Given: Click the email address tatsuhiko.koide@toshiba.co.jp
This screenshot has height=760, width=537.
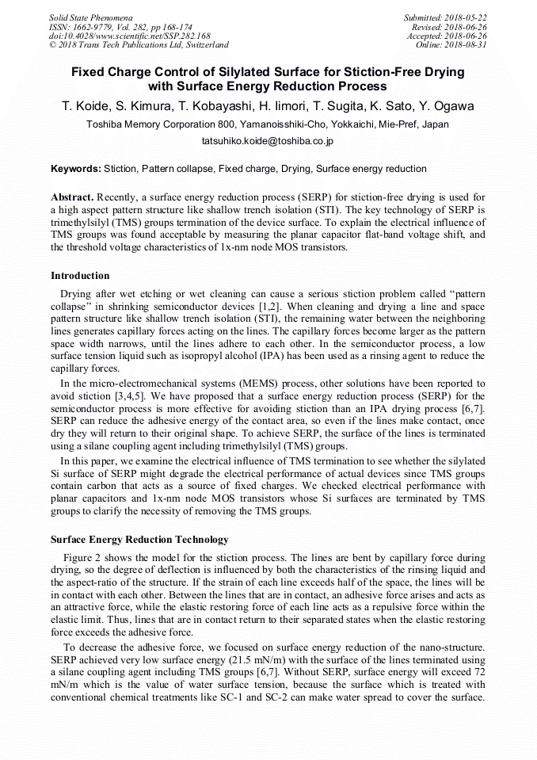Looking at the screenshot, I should pos(268,141).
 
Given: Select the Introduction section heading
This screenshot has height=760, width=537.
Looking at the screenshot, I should pos(80,276).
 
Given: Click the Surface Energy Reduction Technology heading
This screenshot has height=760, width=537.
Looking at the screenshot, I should pos(139,540).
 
